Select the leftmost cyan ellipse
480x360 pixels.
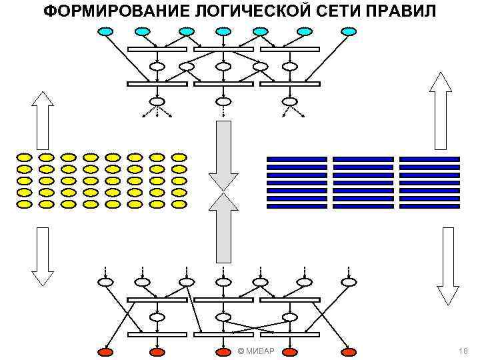tap(106, 31)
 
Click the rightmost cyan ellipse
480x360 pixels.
tap(349, 31)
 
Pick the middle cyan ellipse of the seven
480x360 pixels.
tap(223, 31)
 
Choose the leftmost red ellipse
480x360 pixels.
tap(106, 351)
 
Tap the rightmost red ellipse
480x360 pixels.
tap(349, 351)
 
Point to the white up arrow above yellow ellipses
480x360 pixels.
tap(43, 120)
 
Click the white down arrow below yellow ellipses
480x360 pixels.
tap(43, 257)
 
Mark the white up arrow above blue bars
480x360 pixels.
tap(441, 110)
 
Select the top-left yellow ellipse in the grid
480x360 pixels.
tap(24, 157)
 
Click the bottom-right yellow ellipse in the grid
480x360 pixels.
tap(179, 203)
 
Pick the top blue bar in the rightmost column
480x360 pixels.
tap(429, 159)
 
